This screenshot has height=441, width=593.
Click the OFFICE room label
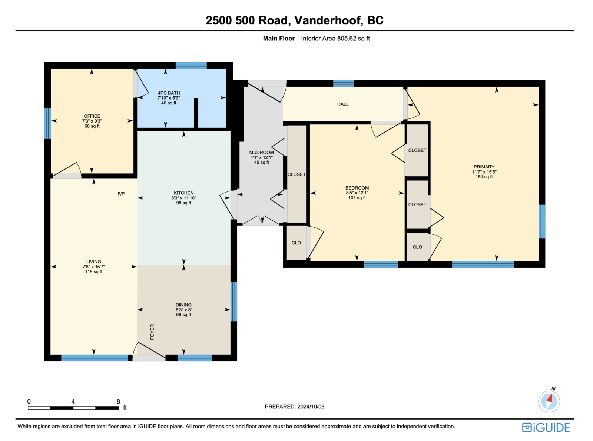(92, 116)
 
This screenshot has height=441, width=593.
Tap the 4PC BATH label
(169, 93)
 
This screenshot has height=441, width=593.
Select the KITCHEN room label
(184, 193)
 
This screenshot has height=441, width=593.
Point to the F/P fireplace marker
(121, 194)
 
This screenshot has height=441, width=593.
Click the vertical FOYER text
(152, 332)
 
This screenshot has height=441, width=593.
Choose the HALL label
(343, 104)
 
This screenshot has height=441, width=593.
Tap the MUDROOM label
(262, 153)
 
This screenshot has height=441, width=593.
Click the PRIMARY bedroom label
(484, 167)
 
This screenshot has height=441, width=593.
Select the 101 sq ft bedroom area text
(357, 198)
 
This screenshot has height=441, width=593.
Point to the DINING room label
(183, 305)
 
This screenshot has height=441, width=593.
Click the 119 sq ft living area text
(93, 272)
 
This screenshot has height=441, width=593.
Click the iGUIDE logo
(546, 428)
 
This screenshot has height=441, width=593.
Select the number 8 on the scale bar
(119, 401)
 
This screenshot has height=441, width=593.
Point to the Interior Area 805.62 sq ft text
(335, 39)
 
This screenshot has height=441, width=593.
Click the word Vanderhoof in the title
(329, 20)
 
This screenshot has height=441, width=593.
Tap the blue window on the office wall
(47, 123)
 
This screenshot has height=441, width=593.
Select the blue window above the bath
(191, 66)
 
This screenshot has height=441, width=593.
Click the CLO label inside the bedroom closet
(296, 243)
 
